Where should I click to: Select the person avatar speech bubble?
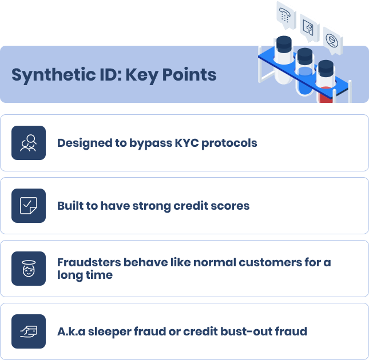click(x=332, y=40)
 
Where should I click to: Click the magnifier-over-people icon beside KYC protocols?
click(x=28, y=143)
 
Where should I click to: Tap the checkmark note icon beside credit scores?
click(x=28, y=206)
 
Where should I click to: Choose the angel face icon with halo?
click(x=28, y=269)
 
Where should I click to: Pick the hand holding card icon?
click(x=28, y=331)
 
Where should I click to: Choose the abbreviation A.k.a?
click(x=70, y=331)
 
